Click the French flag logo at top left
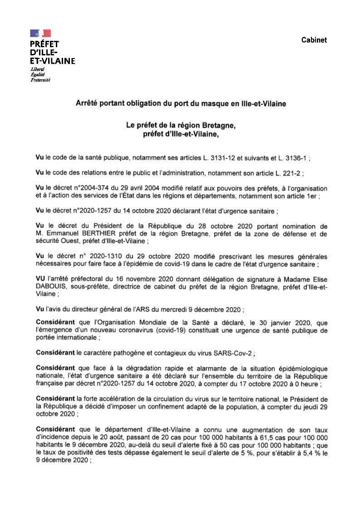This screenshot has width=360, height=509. [x=40, y=33]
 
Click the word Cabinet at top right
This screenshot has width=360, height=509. [x=314, y=40]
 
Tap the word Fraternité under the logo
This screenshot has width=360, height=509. [x=40, y=80]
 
